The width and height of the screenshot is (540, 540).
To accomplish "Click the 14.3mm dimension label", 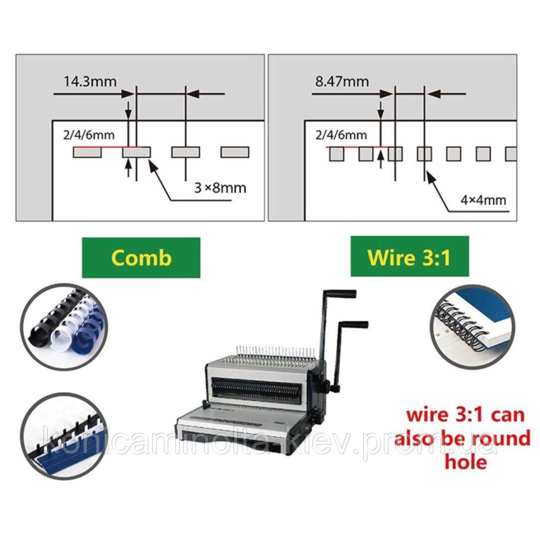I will (x=90, y=81).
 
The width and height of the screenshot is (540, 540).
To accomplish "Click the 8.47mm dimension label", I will (x=342, y=81).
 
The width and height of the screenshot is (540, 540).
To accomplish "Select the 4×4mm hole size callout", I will (x=483, y=199).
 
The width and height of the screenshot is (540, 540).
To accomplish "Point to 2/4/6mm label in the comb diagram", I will (x=89, y=135).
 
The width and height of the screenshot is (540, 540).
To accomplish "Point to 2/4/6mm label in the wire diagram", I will (x=341, y=135).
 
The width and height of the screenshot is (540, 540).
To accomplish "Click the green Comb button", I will (x=141, y=257).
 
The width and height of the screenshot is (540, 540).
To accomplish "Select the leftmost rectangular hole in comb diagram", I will (x=87, y=152).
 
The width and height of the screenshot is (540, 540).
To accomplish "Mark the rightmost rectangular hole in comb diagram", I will (x=234, y=152).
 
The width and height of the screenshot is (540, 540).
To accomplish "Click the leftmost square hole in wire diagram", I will (x=337, y=154).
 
